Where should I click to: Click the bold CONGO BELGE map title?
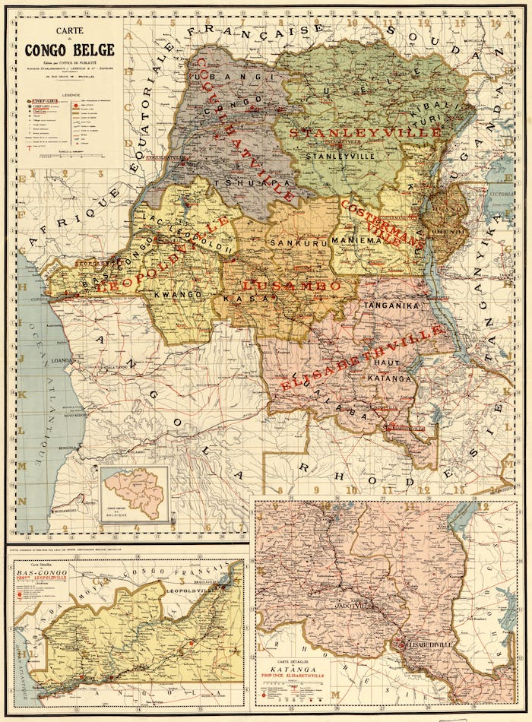pos(69,51)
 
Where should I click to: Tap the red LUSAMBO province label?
pos(291,285)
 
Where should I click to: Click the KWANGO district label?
pos(176,293)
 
